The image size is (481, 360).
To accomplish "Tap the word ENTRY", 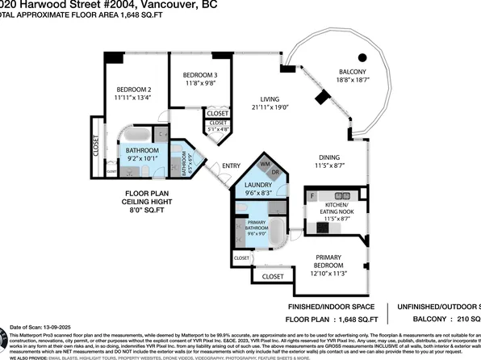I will coord(231,166).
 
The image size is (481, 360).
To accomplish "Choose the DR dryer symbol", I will coord(275,171).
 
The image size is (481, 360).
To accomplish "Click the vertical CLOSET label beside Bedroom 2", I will coord(97,147).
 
